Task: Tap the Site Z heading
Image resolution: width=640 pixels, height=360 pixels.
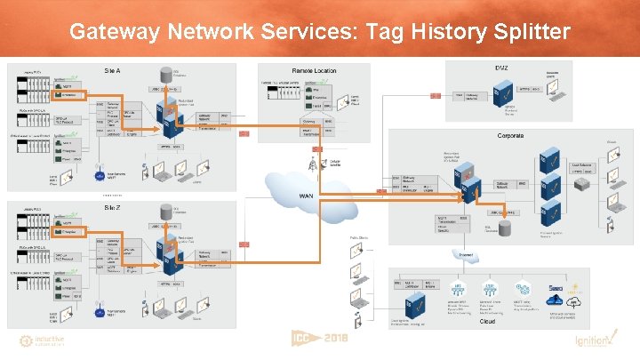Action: [113, 206]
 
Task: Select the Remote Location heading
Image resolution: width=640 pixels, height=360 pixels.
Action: [314, 70]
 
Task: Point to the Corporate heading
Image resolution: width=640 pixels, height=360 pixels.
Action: [510, 136]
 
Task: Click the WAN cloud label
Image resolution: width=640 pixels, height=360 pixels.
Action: [307, 196]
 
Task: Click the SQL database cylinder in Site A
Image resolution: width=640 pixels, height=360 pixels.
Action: [165, 73]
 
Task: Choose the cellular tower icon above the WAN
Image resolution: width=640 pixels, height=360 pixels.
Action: [312, 164]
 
